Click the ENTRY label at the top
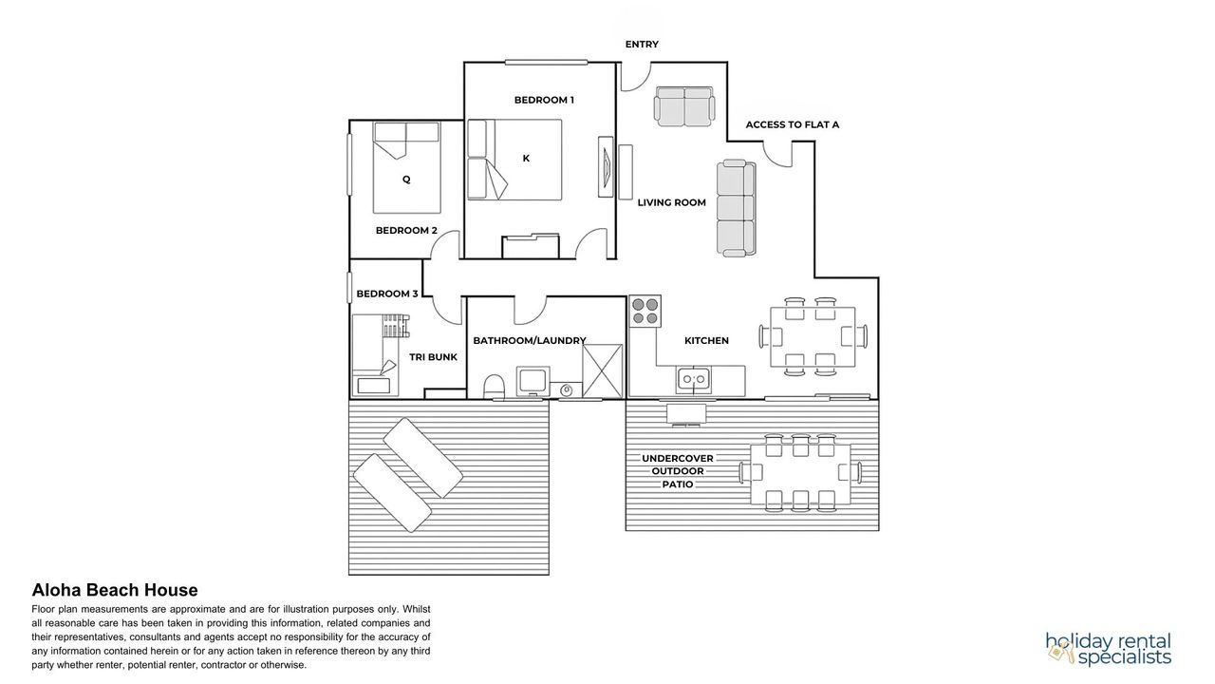tap(642, 45)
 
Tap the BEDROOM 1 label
tap(544, 100)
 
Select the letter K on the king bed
tap(526, 159)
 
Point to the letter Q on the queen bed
tap(406, 180)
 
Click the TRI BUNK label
tap(433, 357)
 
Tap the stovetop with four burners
tap(645, 311)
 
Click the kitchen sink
tap(694, 379)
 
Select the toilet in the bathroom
tap(494, 387)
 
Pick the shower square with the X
tap(603, 371)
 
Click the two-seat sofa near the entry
tap(684, 106)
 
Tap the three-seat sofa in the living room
tap(737, 207)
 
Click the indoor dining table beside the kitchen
tap(813, 336)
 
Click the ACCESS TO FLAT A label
tap(792, 124)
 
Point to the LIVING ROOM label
tap(671, 202)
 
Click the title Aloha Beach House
tap(115, 590)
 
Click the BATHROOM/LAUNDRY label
tap(530, 341)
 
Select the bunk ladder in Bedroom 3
tap(396, 326)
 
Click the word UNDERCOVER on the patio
tap(678, 459)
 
